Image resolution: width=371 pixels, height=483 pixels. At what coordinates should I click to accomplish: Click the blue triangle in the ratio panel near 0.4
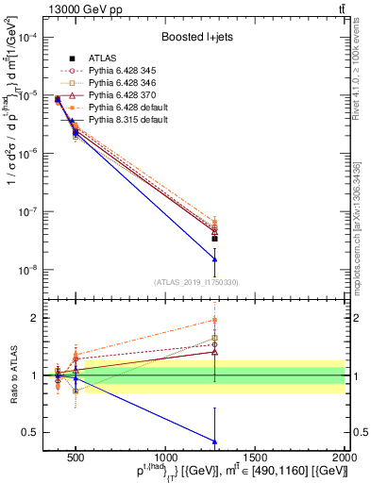tap(215, 441)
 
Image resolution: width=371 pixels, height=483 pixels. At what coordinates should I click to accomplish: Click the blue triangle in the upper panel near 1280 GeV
tap(215, 259)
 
